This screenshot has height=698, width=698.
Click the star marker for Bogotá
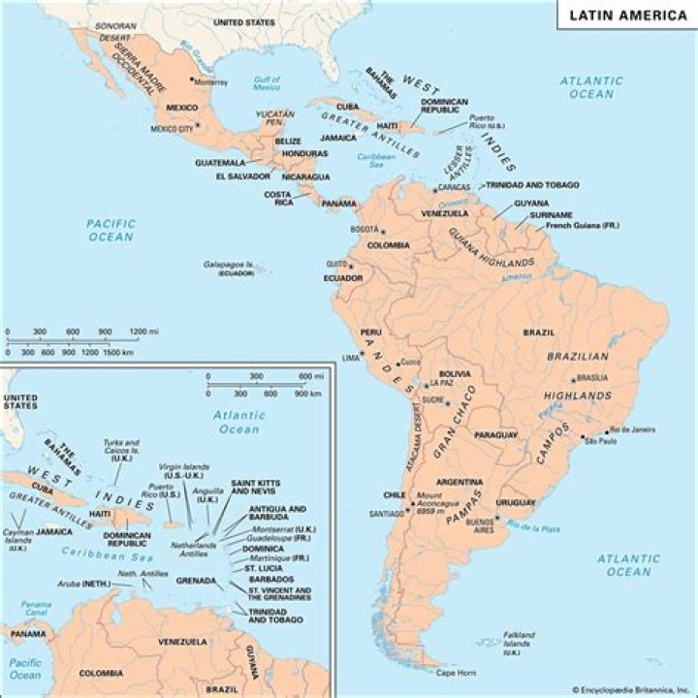coord(383,232)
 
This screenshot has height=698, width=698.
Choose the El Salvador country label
coord(246,177)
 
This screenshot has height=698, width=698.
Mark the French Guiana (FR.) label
coord(581,225)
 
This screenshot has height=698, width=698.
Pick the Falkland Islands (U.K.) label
coord(518,641)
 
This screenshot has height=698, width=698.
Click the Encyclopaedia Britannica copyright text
coord(633,689)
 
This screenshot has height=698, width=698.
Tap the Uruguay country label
coord(515,502)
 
